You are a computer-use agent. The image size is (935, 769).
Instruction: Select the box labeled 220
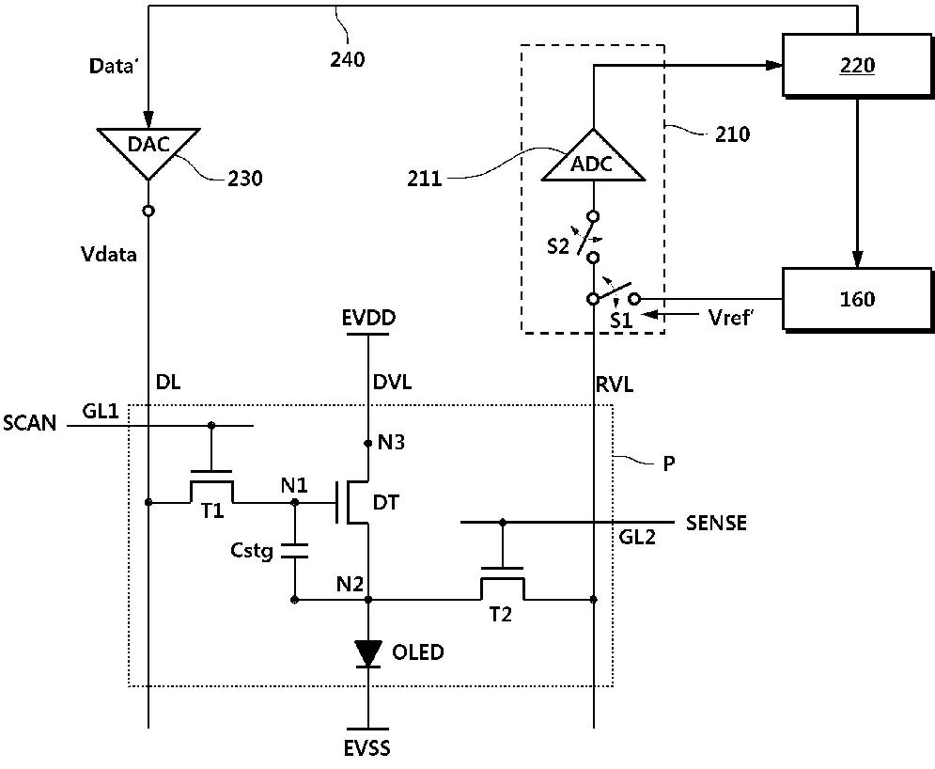[x=856, y=66]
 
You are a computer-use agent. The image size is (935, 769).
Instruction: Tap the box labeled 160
[x=856, y=299]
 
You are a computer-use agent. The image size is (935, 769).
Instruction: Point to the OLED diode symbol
[x=368, y=653]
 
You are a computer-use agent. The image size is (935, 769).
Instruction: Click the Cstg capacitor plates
[x=294, y=551]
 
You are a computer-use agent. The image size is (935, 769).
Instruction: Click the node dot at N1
[x=294, y=502]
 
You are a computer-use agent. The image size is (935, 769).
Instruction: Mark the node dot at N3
[x=368, y=443]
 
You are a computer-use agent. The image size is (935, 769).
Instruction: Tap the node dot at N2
[x=368, y=599]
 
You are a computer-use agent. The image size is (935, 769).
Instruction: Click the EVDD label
[x=368, y=318]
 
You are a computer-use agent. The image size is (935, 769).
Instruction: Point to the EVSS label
[x=367, y=747]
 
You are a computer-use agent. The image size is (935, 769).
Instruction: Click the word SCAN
[x=30, y=423]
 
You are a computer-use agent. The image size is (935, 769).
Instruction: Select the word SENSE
[x=716, y=523]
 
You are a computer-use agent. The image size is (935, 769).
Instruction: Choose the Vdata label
[x=108, y=254]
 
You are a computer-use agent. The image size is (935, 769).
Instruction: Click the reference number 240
[x=348, y=59]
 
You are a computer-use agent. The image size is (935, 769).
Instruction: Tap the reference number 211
[x=425, y=178]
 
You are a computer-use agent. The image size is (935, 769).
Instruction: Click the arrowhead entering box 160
[x=857, y=259]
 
